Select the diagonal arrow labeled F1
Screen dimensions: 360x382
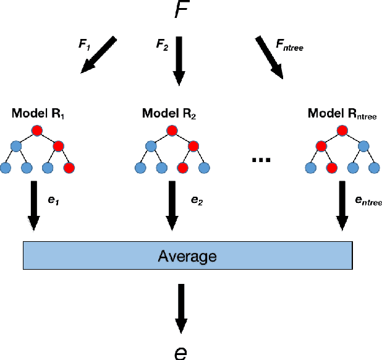pyautogui.click(x=99, y=55)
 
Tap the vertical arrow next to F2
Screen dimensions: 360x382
pyautogui.click(x=179, y=59)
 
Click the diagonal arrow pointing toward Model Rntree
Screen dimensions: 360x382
pyautogui.click(x=269, y=57)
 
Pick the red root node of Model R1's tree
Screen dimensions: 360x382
pyautogui.click(x=37, y=131)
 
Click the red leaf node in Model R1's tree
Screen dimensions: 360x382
pyautogui.click(x=68, y=168)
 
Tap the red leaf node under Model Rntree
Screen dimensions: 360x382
pyautogui.click(x=332, y=168)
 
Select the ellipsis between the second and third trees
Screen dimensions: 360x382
pyautogui.click(x=262, y=160)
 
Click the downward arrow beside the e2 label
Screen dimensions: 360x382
pyautogui.click(x=172, y=207)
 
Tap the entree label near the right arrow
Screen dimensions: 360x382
pyautogui.click(x=368, y=202)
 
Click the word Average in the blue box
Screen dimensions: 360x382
pyautogui.click(x=187, y=255)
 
